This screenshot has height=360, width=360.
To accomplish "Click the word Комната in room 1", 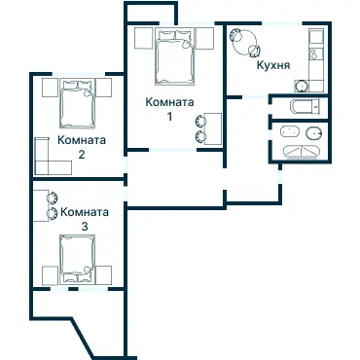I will [x=169, y=102].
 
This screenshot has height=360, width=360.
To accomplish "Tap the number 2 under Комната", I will [x=82, y=154].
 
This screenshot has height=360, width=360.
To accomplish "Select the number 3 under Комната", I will [x=85, y=226].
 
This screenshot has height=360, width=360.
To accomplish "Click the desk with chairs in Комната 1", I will [x=209, y=127].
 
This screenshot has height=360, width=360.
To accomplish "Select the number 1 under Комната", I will [x=169, y=117].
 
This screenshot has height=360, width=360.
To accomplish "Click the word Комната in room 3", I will [x=85, y=211].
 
